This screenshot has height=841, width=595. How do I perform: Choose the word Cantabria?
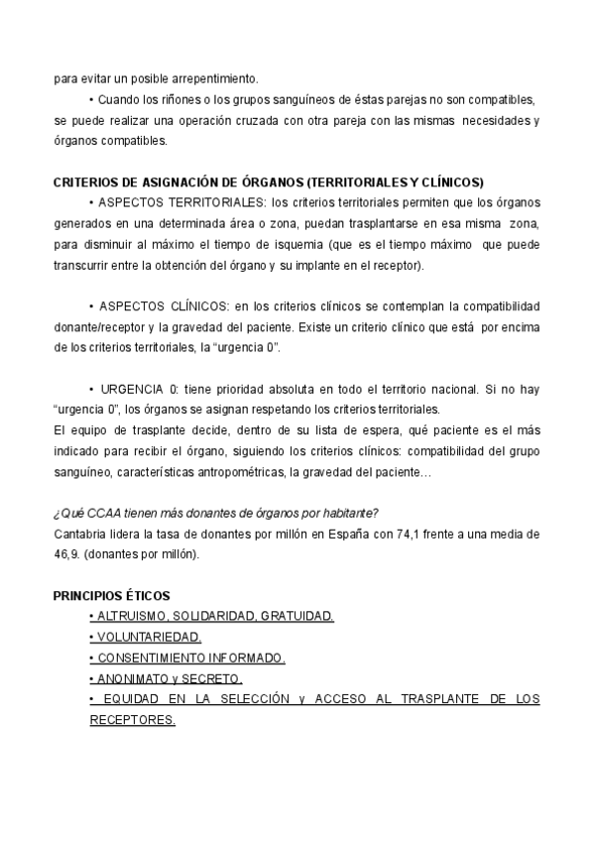coord(79,534)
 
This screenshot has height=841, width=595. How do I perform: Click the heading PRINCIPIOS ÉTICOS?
coord(111,596)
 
